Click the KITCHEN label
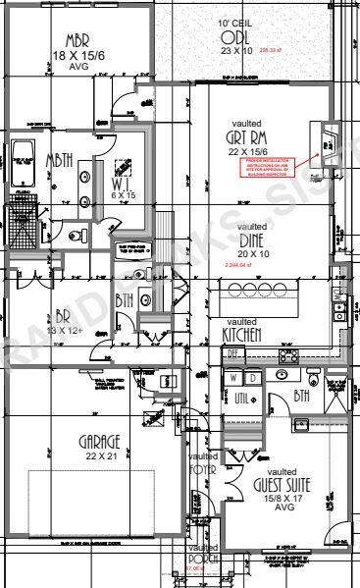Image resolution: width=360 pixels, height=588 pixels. coord(241,336)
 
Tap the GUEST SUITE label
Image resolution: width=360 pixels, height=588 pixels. coord(282,486)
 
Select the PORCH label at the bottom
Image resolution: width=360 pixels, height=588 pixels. coord(203,561)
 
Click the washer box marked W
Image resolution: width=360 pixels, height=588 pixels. coord(233,378)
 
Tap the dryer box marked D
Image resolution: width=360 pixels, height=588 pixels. coord(252,378)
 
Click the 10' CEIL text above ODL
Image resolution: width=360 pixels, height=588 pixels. coord(235,21)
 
